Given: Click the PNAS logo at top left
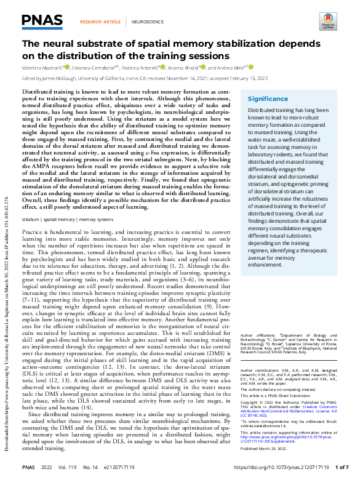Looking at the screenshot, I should click(42, 21).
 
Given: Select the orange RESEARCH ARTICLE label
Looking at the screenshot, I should click(100, 22).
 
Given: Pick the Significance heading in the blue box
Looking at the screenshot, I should click(268, 99).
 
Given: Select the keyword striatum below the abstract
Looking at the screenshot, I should click(30, 219).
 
